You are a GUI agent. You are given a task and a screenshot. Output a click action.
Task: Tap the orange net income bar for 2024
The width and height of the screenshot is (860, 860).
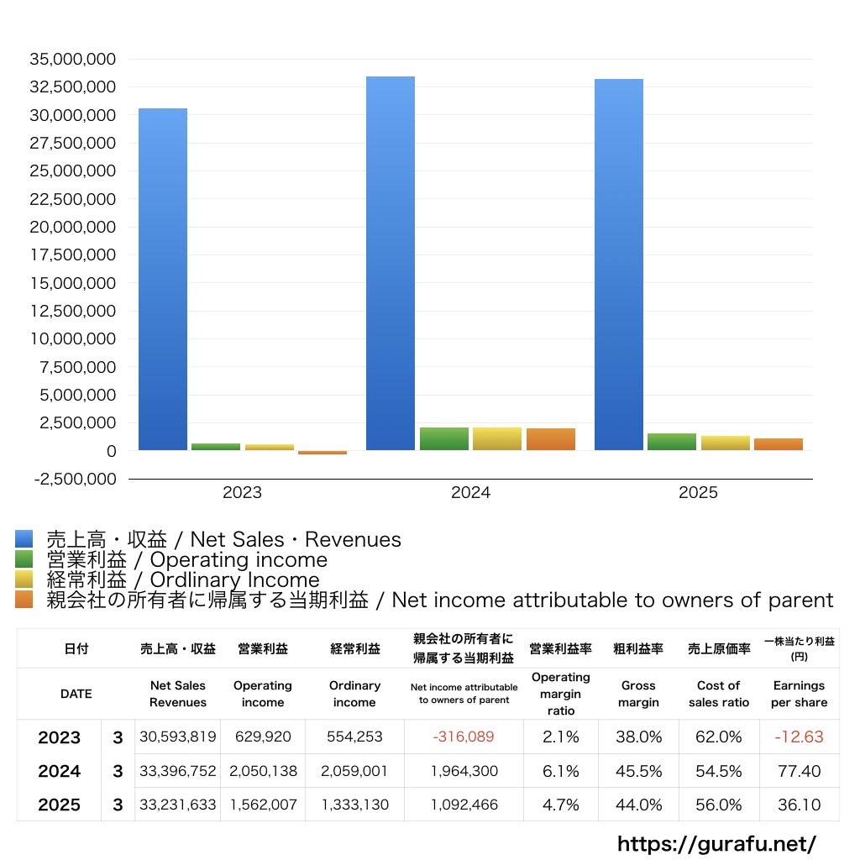(x=551, y=439)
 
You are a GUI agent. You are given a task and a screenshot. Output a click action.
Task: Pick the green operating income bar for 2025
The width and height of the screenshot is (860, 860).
(x=672, y=442)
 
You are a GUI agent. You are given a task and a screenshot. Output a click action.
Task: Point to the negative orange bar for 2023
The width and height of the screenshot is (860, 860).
(x=322, y=453)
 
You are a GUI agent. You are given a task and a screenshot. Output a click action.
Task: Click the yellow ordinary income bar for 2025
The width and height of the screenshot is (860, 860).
(x=725, y=443)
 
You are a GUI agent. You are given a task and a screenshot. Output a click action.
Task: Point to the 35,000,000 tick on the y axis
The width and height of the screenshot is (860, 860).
(x=73, y=60)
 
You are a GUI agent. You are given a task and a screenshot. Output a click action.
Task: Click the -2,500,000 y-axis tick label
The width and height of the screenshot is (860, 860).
(x=73, y=479)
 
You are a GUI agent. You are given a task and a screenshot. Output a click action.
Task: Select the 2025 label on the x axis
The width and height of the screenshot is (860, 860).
(x=699, y=493)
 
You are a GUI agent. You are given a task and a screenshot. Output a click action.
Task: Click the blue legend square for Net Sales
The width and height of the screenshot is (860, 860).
(x=24, y=539)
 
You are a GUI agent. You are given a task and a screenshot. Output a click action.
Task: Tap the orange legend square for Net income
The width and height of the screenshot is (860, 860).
(x=24, y=600)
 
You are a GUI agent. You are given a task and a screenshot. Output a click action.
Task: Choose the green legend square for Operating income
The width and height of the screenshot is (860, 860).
(x=24, y=559)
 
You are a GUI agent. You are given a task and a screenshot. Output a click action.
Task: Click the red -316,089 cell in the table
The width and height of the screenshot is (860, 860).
(x=463, y=737)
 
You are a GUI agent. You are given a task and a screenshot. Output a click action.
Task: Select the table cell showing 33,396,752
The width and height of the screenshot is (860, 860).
(x=177, y=771)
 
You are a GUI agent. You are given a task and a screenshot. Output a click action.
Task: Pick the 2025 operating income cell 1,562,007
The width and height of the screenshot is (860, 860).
(x=263, y=805)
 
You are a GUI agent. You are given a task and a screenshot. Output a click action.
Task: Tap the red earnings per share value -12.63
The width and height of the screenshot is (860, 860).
(x=798, y=737)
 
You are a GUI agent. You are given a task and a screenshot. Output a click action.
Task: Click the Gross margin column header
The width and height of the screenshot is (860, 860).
(x=638, y=694)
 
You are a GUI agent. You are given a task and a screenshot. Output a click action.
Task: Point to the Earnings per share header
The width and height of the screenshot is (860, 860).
(x=799, y=694)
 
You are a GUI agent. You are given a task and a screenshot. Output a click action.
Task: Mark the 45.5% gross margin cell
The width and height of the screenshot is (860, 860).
(x=638, y=771)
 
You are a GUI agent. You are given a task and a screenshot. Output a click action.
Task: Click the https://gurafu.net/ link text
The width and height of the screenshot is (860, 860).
(x=716, y=843)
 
